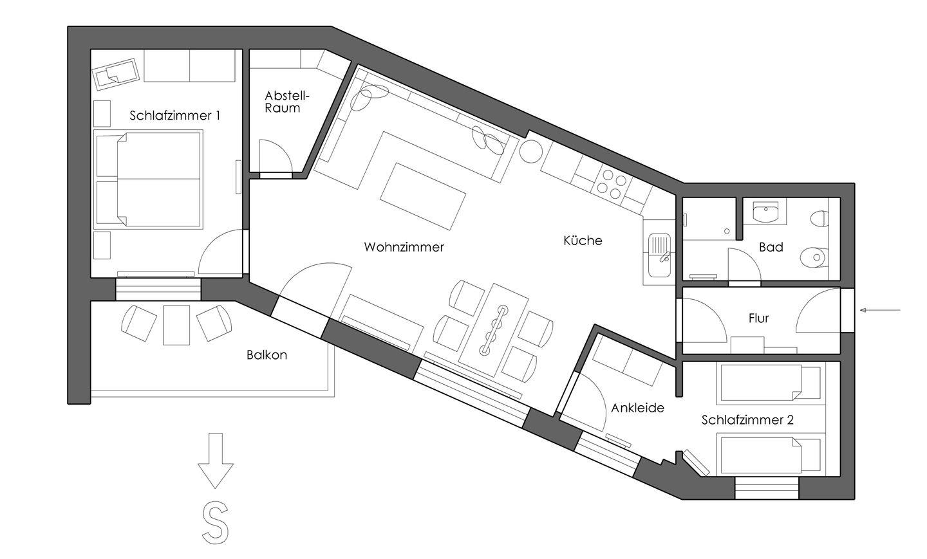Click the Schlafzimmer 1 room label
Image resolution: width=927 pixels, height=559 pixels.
point(174,115)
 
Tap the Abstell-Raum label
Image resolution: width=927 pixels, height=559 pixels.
point(287,102)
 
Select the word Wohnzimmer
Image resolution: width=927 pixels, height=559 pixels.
point(404,247)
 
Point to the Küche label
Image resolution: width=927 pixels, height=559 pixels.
point(583,240)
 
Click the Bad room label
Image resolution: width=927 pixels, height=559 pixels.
point(771,247)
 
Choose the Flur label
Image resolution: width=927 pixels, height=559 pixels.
point(758,318)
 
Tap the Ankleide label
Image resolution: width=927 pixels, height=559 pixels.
point(638,408)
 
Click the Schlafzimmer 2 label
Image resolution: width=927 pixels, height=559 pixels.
point(747,420)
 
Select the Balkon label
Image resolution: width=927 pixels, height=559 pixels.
point(267,355)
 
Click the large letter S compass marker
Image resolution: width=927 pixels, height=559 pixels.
point(215,522)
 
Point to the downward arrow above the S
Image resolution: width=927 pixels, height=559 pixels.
point(215,461)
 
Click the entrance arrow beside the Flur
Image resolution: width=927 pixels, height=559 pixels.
point(880,310)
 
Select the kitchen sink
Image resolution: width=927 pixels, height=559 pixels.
point(659,255)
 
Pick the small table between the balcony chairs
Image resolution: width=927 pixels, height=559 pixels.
point(176,325)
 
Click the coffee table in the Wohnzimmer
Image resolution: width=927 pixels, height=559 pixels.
point(422,196)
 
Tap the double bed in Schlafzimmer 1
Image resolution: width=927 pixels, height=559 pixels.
point(148,179)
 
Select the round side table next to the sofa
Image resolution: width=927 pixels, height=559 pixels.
point(531,151)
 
